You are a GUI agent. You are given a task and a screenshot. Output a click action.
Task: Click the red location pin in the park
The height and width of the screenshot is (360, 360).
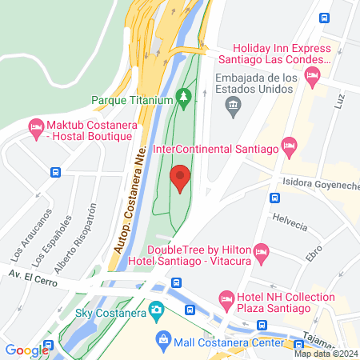pos(181,178)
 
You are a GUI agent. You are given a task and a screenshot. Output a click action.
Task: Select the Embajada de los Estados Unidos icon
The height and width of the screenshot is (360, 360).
pos(233,104)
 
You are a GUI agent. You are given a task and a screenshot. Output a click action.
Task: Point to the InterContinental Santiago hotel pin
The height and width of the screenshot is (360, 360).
pos(289,147)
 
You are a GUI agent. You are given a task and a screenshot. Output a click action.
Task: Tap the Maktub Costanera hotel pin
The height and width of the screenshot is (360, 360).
pos(36,127)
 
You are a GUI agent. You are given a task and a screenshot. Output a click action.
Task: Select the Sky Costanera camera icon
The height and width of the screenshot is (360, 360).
pos(157,309)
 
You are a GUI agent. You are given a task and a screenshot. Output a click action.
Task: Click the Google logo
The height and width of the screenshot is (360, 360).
pos(26,350)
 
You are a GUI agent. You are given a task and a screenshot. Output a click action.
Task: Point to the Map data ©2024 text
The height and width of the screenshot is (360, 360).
pos(326,354)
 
